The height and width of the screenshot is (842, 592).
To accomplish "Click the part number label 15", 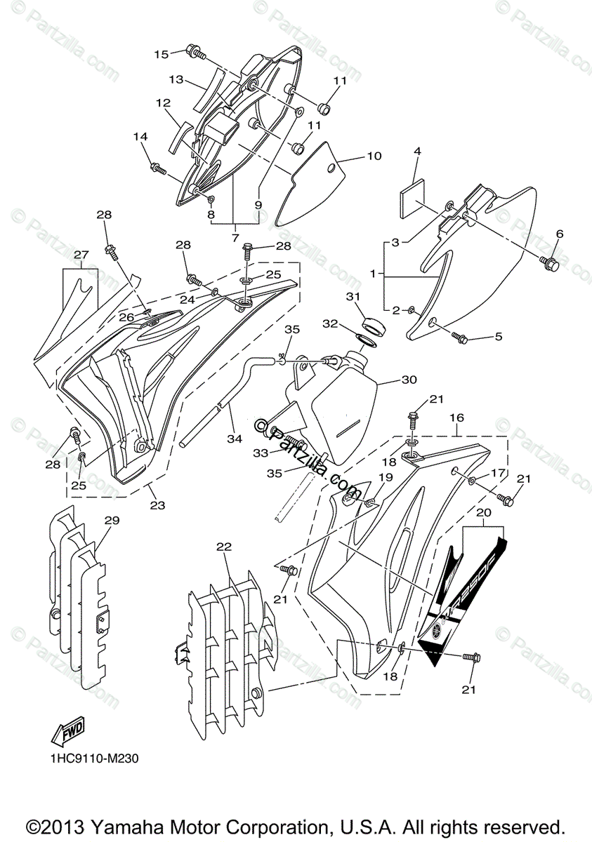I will click(x=161, y=53).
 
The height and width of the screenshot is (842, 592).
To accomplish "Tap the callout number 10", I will click(x=374, y=156).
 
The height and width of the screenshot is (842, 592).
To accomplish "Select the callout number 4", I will click(x=416, y=151).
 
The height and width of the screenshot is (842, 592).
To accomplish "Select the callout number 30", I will click(x=409, y=380).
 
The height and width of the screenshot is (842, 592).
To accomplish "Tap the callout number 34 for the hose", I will click(x=234, y=439).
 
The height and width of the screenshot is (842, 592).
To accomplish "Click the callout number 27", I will click(x=81, y=254).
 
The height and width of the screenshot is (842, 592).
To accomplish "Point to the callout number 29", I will click(x=112, y=520).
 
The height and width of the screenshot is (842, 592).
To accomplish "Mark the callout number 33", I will click(x=261, y=453).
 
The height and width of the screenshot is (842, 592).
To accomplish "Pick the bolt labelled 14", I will click(x=159, y=168).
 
